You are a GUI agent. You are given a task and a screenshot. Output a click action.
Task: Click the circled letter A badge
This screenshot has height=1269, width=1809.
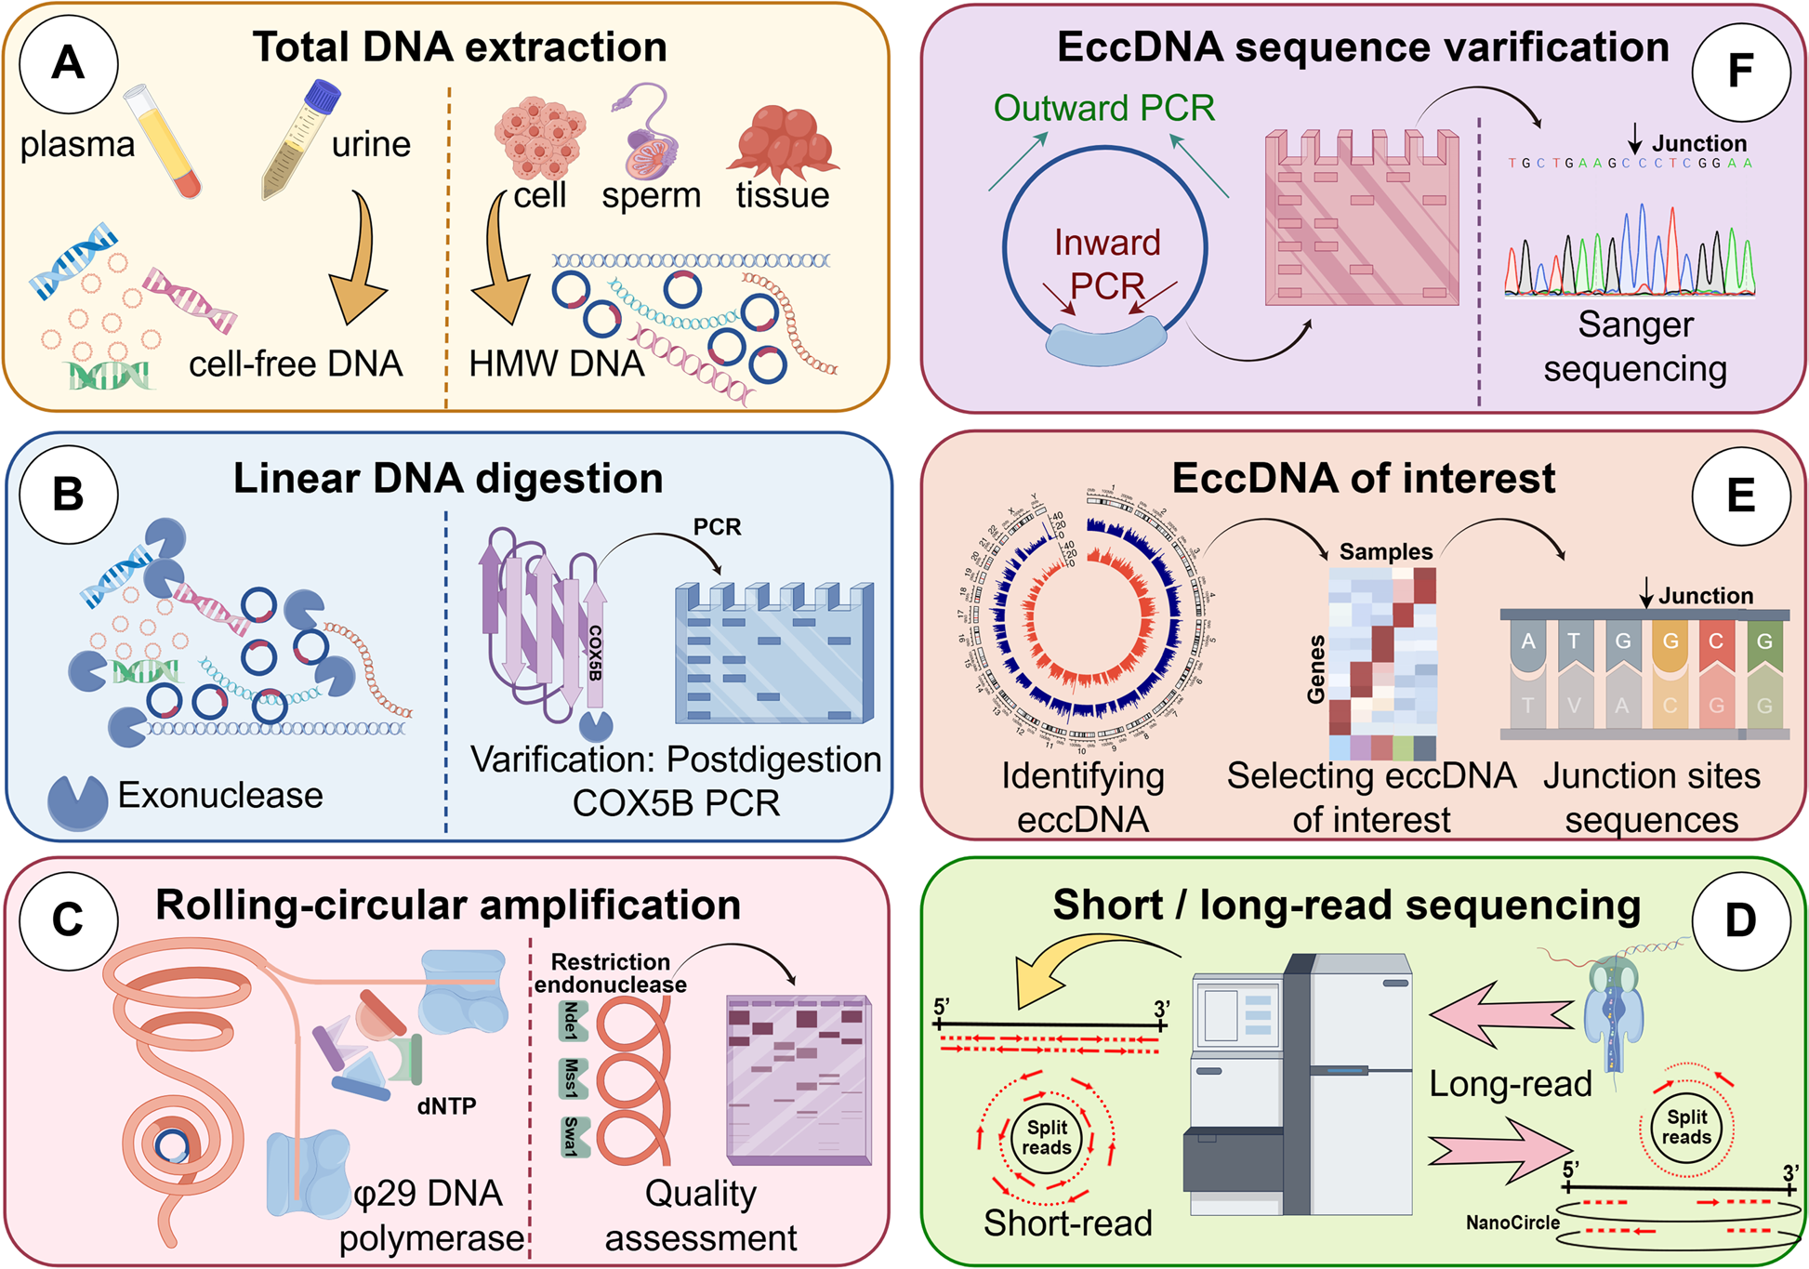(68, 63)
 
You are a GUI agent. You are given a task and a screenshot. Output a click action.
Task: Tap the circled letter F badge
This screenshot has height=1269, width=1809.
(1740, 72)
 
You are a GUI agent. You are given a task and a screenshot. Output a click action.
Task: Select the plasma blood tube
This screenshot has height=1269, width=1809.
(164, 140)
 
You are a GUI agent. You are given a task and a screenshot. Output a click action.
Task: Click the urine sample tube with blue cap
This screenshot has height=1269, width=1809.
(300, 139)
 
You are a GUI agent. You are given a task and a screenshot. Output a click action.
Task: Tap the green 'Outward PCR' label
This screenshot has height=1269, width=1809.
(1103, 109)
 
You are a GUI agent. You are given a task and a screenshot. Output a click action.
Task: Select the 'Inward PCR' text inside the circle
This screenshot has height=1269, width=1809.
(1106, 264)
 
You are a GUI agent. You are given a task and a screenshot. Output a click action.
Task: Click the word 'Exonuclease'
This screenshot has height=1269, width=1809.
(220, 796)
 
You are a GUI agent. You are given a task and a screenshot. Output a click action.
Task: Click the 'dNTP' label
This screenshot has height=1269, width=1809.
(446, 1106)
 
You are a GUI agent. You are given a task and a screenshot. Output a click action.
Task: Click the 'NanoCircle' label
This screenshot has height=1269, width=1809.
(1512, 1223)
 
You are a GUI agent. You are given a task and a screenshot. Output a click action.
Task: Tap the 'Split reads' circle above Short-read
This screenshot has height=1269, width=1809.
(1047, 1137)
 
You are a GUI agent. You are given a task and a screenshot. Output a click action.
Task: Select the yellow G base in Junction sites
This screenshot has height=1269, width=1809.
(1670, 641)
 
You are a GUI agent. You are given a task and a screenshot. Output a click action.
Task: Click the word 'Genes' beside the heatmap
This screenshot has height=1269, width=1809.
(1316, 669)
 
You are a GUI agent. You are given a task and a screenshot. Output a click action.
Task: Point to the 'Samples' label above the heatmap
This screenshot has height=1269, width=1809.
(1385, 551)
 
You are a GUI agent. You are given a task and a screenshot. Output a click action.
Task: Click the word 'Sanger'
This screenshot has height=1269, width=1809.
(1635, 325)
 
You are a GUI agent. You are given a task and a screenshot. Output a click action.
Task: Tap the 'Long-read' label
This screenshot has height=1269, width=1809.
(1510, 1084)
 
